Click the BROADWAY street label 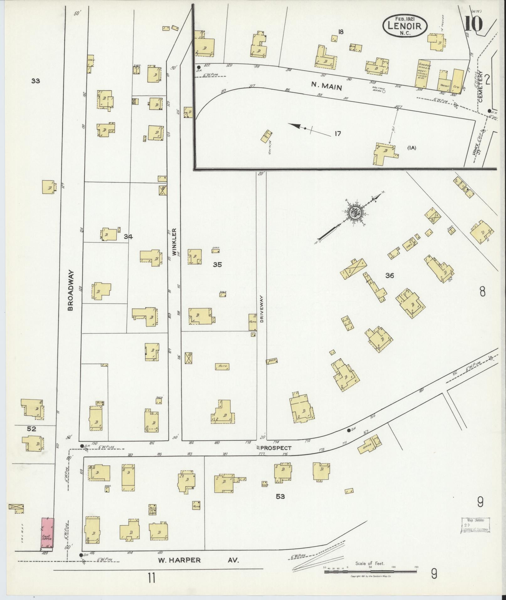point(70,290)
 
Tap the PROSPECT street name point(276,448)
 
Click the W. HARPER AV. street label point(198,560)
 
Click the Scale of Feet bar point(370,571)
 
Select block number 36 point(390,276)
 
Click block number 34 point(128,237)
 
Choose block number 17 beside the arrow point(338,134)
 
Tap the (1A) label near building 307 point(411,148)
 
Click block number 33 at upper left point(35,81)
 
